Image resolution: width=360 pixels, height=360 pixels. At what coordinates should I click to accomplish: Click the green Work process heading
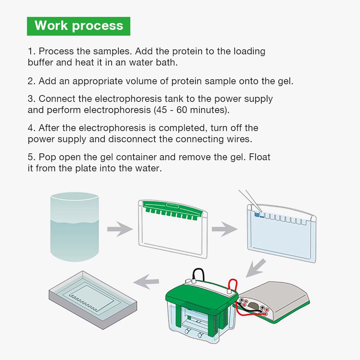(x=78, y=26)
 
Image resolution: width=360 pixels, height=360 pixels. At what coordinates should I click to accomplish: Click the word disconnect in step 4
(x=142, y=139)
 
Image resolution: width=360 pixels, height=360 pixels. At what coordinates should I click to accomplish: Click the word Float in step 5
(x=257, y=157)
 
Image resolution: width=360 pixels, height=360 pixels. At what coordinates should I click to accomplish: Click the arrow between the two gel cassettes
(x=224, y=229)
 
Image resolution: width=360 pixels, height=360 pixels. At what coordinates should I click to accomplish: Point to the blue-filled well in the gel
(x=257, y=215)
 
